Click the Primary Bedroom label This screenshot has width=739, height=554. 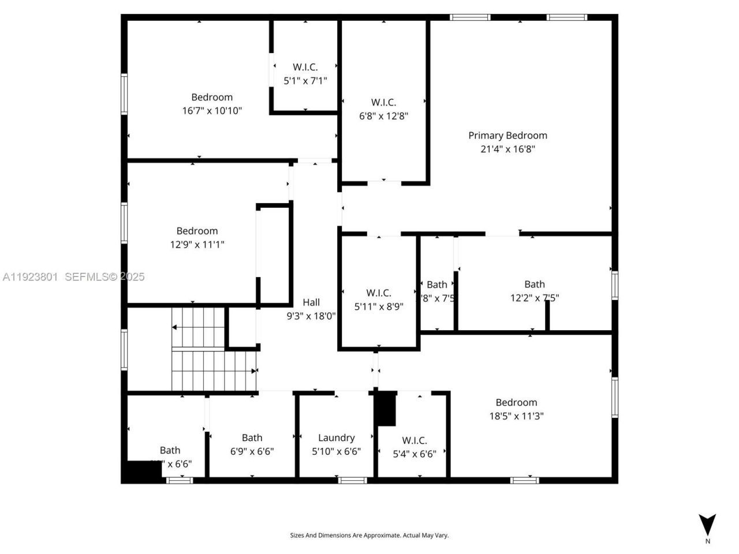(507, 136)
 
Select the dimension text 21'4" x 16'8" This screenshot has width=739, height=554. (507, 149)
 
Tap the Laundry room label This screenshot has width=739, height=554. (336, 438)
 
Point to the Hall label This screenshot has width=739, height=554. (311, 302)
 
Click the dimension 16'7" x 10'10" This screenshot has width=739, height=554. (212, 110)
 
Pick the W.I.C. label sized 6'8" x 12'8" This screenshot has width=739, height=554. (383, 103)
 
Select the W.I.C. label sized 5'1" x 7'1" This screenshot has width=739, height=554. (305, 67)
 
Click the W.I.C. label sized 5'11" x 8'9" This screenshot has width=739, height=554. (379, 293)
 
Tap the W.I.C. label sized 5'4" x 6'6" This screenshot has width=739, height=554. (415, 441)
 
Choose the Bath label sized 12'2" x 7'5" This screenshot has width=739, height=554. (534, 284)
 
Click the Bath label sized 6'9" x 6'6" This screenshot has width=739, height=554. (252, 438)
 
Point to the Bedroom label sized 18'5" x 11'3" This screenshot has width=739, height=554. (516, 403)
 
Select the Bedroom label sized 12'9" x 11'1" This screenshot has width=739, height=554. (197, 231)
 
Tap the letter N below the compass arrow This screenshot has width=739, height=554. (707, 541)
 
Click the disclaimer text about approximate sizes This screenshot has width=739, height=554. (369, 536)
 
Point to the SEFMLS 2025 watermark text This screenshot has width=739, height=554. (104, 277)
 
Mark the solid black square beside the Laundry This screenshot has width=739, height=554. (386, 408)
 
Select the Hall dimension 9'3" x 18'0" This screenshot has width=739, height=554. (311, 316)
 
